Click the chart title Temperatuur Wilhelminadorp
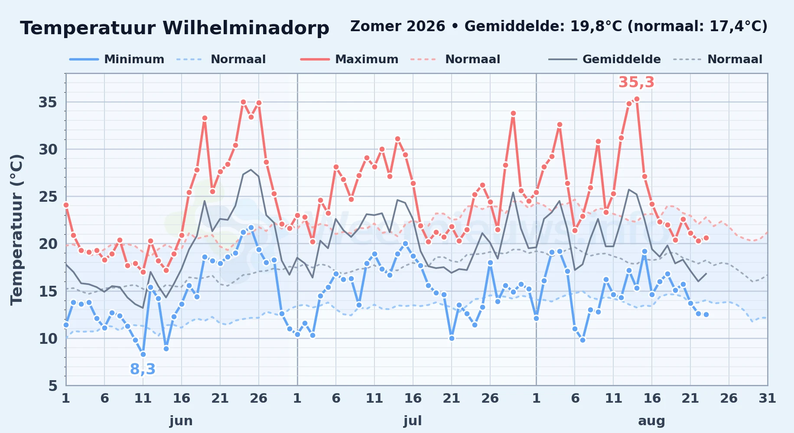(x=175, y=28)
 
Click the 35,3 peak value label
(x=636, y=82)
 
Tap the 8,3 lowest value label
(x=143, y=369)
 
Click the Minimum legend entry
(x=117, y=59)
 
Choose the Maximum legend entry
(x=349, y=59)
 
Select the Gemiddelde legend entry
(x=605, y=59)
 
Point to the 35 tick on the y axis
(x=48, y=102)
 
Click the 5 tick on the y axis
(x=53, y=385)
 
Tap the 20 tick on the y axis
(x=48, y=244)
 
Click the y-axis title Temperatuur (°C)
(x=16, y=229)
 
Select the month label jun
(x=181, y=420)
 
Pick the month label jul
(x=413, y=420)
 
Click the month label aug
(x=651, y=421)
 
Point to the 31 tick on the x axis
(x=767, y=398)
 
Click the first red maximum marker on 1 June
(x=66, y=205)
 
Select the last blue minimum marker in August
(x=706, y=314)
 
